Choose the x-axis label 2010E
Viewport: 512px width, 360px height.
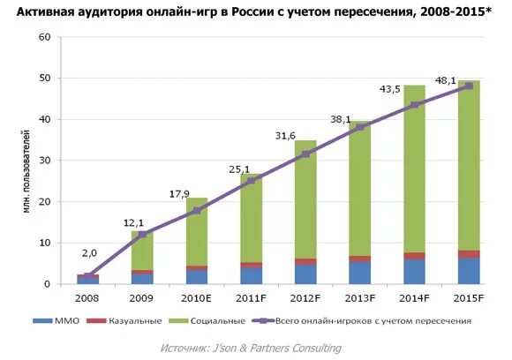[x=197, y=299]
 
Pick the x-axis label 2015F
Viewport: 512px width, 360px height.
[x=469, y=299]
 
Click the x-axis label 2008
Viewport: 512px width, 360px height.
[x=88, y=299]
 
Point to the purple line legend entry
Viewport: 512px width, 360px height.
[x=362, y=321]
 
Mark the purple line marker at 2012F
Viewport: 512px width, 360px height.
[x=306, y=154]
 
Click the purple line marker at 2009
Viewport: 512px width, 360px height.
[x=143, y=234]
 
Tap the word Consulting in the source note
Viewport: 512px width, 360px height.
[x=311, y=348]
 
